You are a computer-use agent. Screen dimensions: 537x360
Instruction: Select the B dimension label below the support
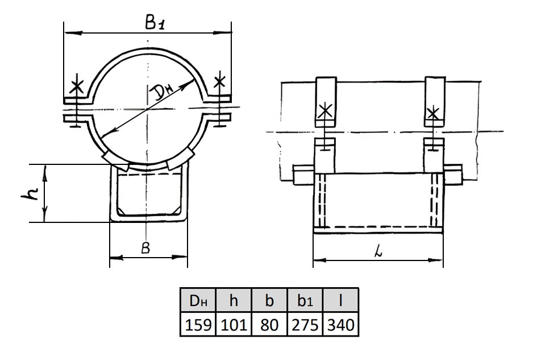click(x=146, y=248)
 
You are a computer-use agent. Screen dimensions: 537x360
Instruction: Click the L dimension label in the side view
click(x=378, y=252)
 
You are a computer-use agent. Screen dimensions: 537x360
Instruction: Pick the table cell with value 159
click(x=198, y=324)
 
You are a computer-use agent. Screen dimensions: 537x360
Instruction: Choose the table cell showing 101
click(x=234, y=324)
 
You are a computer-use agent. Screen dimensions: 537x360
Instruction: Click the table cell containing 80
click(x=269, y=324)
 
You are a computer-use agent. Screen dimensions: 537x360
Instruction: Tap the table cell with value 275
click(x=305, y=324)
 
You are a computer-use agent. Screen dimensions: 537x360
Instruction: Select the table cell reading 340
click(x=340, y=324)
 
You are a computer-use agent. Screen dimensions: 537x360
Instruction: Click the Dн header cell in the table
click(x=198, y=300)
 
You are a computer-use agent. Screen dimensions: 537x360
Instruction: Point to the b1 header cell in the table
click(x=305, y=300)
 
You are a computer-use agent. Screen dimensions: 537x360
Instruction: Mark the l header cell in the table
click(x=340, y=300)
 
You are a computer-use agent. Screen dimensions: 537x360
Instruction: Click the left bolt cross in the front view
click(x=76, y=86)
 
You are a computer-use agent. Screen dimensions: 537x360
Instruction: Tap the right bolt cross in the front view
click(x=219, y=81)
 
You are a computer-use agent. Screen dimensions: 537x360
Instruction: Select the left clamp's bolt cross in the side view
click(x=325, y=110)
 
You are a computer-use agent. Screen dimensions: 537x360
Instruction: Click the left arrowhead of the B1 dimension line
click(x=73, y=33)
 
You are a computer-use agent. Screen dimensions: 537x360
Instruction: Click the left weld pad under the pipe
click(x=115, y=161)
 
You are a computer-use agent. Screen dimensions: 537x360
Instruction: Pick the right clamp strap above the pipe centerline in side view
click(x=435, y=101)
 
